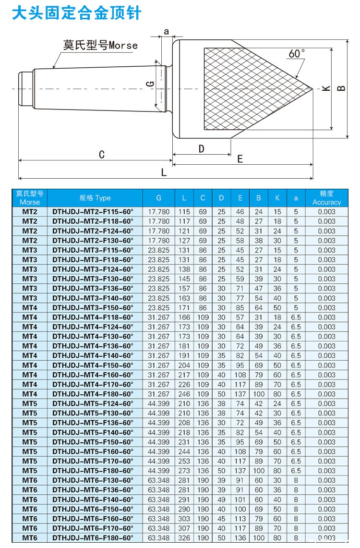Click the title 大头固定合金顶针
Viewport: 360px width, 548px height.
(77, 13)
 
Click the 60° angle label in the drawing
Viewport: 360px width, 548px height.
(296, 53)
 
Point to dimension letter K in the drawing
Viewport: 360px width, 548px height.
(326, 89)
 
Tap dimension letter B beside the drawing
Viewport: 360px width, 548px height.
(341, 88)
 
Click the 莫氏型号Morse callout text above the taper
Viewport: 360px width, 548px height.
(100, 46)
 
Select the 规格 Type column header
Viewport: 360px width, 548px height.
(95, 198)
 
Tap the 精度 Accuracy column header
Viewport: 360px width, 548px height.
(326, 198)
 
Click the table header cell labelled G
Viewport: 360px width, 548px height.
(159, 198)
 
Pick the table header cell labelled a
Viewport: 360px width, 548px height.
(296, 198)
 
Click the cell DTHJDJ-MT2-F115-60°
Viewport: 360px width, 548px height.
(93, 212)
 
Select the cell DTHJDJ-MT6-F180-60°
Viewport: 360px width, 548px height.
(93, 538)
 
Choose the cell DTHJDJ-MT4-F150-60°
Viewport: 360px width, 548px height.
(93, 365)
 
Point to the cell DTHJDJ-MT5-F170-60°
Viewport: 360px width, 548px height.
(93, 461)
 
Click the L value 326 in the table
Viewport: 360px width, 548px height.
(184, 538)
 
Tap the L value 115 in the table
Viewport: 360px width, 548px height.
(184, 212)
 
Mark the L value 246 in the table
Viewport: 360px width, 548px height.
(184, 394)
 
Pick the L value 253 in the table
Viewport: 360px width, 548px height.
(184, 461)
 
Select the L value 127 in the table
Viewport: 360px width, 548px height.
(184, 241)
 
